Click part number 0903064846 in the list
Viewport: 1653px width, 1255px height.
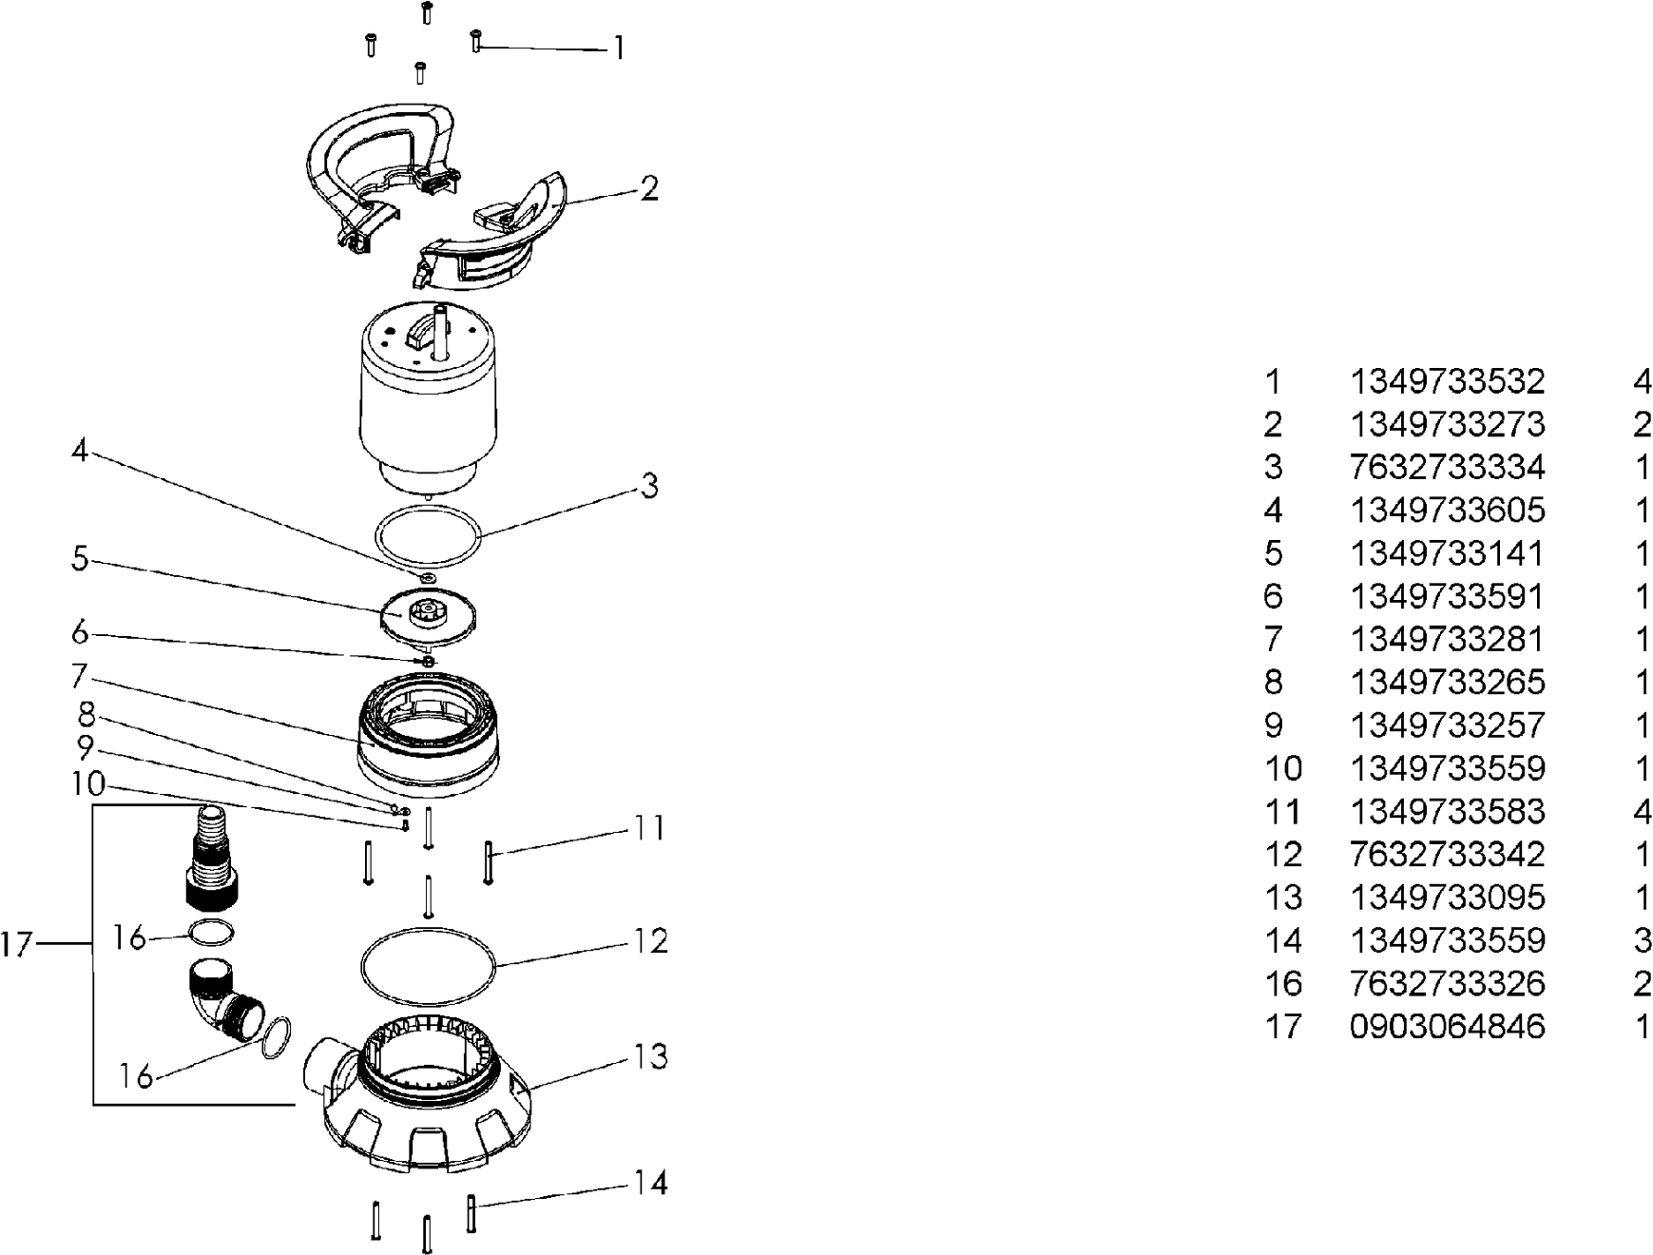tap(1447, 1027)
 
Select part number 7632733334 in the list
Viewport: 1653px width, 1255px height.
tap(1447, 468)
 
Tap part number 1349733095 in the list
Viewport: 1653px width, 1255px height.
tap(1447, 898)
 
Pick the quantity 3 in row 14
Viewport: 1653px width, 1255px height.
tap(1642, 940)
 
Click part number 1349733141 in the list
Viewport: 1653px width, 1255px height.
tap(1447, 553)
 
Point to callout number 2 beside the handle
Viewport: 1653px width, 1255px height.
tap(648, 188)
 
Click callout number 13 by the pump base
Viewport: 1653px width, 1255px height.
tap(651, 1056)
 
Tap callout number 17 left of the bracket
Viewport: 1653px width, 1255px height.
tap(17, 945)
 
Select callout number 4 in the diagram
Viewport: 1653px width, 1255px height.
tap(80, 451)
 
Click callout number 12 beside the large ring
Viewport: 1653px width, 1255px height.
tap(651, 941)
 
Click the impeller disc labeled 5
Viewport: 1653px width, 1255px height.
tap(427, 616)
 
